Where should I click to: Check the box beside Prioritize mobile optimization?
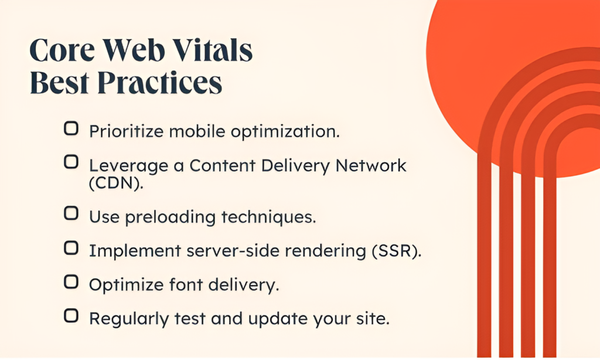point(71,130)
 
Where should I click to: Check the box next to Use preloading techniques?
point(71,214)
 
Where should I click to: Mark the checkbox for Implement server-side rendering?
point(71,249)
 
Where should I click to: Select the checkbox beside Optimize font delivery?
point(71,283)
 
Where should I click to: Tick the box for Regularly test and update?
point(71,317)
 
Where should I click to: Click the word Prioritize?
point(126,131)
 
